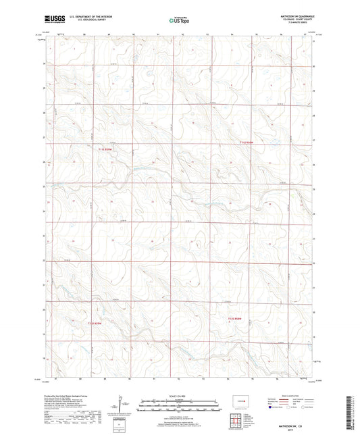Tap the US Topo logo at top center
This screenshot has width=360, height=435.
pyautogui.click(x=179, y=20)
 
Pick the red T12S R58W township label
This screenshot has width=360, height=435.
pyautogui.click(x=234, y=319)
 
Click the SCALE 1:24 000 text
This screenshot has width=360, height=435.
pyautogui.click(x=180, y=396)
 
